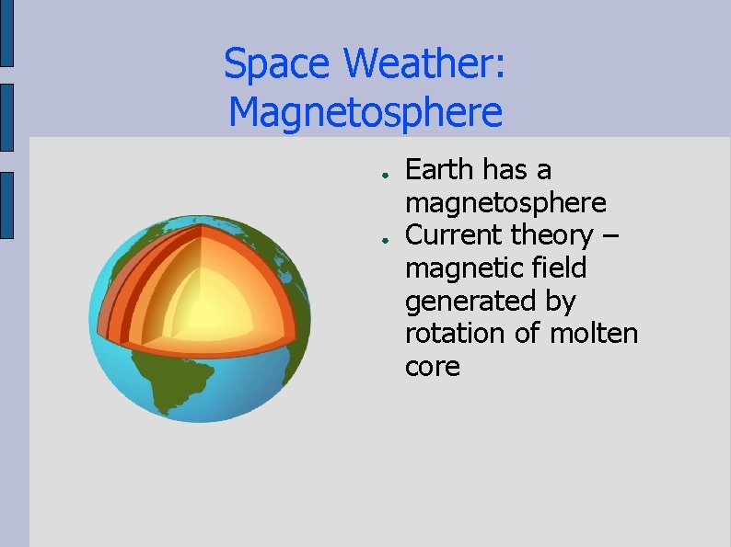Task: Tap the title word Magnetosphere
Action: click(x=365, y=113)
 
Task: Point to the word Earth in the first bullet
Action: click(x=438, y=170)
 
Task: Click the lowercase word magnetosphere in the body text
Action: click(x=505, y=203)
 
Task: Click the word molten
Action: click(x=594, y=334)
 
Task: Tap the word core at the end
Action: click(x=432, y=367)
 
